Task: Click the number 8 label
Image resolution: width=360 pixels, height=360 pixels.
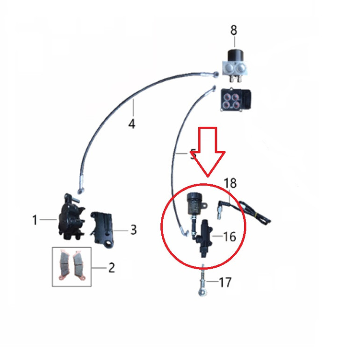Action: [233, 30]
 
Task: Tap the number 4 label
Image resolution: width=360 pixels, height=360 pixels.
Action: [132, 124]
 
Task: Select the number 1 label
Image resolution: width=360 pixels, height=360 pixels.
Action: [35, 220]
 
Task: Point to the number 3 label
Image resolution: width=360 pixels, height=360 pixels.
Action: [134, 230]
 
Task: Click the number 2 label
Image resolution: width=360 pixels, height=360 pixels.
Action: [112, 268]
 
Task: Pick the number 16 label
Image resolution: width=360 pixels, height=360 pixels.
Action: [230, 237]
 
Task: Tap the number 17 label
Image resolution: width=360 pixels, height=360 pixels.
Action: [225, 282]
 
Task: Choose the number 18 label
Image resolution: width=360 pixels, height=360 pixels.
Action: [230, 183]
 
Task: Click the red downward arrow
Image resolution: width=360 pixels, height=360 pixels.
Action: [208, 152]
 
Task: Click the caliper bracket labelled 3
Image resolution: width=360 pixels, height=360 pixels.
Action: [103, 230]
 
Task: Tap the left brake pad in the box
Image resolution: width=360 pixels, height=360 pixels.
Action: [65, 266]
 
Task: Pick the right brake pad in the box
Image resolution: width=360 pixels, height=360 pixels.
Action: [79, 266]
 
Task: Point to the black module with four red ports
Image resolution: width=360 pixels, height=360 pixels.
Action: [236, 100]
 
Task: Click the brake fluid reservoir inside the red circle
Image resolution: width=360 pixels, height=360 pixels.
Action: [194, 203]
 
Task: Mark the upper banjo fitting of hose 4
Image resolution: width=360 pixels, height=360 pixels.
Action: [216, 74]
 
